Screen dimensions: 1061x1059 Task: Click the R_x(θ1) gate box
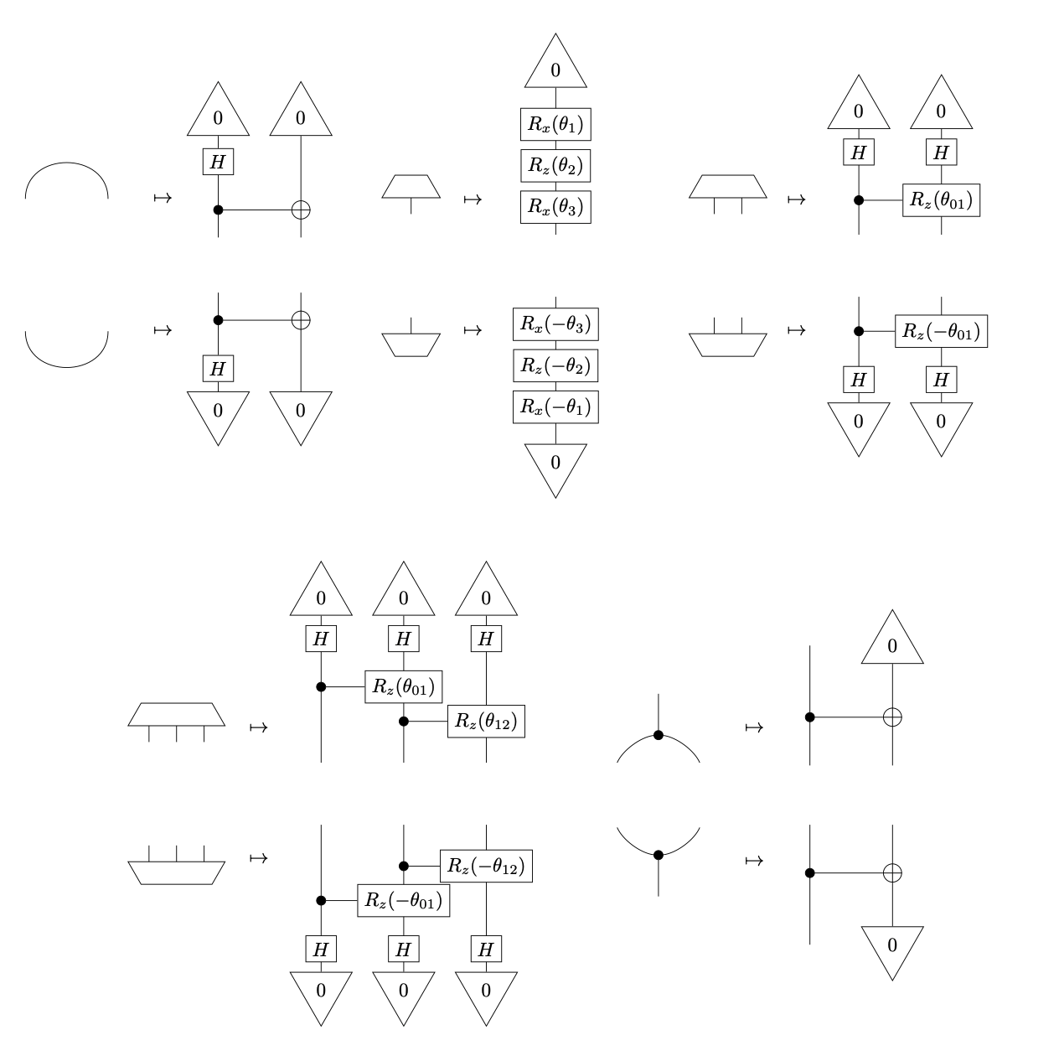coord(555,125)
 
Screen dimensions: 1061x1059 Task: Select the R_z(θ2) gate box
coord(555,166)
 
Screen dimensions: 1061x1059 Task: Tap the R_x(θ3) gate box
coord(555,206)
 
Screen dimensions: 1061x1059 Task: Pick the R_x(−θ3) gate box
coord(555,324)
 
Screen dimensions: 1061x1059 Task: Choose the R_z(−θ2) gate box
coord(555,365)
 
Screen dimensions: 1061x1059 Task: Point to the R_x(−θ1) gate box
coord(555,406)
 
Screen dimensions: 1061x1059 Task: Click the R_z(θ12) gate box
coord(486,721)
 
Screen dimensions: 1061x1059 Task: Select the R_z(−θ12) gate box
coord(486,866)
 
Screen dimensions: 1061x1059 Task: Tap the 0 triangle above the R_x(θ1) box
coord(555,65)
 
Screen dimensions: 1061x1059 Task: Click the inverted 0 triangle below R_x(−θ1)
coord(555,466)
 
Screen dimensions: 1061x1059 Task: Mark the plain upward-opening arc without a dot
coord(67,352)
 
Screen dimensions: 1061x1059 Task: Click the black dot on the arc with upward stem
coord(659,735)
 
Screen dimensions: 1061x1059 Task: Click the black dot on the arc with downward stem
coord(659,855)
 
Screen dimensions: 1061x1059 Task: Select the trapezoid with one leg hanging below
coord(411,187)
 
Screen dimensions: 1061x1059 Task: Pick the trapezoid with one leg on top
coord(411,344)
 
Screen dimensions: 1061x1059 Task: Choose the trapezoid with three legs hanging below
coord(177,714)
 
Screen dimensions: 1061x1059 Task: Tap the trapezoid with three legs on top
coord(177,872)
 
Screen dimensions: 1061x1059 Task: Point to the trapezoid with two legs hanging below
coord(727,187)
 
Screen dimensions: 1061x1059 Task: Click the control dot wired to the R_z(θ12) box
coord(404,721)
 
